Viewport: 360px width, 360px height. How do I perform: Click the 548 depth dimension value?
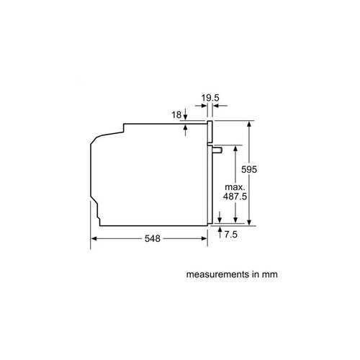pos(153,238)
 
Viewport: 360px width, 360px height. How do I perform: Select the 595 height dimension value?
pos(249,169)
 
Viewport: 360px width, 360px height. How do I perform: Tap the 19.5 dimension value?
pos(210,98)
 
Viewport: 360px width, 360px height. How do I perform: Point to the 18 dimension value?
pos(176,115)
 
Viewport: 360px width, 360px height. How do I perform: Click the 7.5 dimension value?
pos(231,235)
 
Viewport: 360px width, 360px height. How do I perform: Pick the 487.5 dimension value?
pos(235,197)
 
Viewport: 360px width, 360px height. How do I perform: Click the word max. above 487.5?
pos(235,187)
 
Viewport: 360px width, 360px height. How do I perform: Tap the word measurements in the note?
pos(218,274)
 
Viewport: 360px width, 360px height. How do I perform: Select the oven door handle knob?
pos(217,150)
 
